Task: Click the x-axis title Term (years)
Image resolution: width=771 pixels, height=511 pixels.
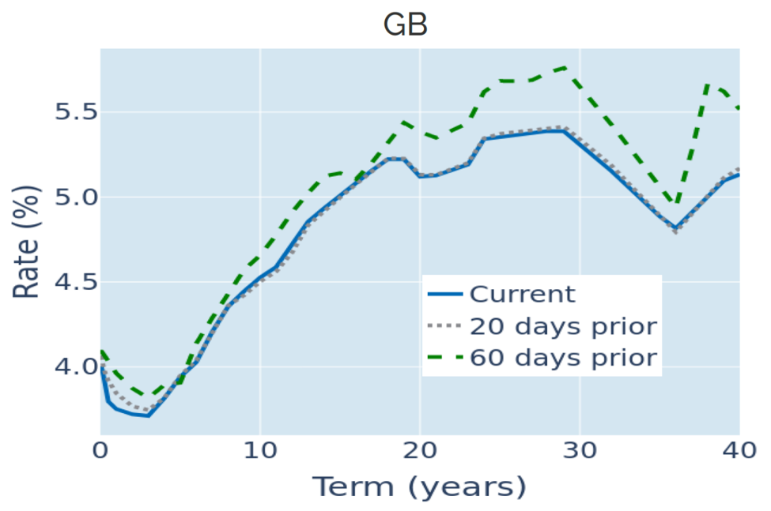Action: pyautogui.click(x=419, y=487)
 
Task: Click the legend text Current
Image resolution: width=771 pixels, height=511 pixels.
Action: pyautogui.click(x=522, y=295)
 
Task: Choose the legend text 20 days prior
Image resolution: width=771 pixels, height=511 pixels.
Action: pyautogui.click(x=563, y=326)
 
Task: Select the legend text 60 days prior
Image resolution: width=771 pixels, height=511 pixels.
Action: pyautogui.click(x=563, y=358)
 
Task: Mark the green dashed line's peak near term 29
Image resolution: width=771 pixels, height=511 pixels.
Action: pyautogui.click(x=564, y=67)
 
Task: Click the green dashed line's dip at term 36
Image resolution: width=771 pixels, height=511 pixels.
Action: pyautogui.click(x=675, y=205)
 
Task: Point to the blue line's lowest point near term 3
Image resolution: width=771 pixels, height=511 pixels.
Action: pyautogui.click(x=149, y=415)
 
